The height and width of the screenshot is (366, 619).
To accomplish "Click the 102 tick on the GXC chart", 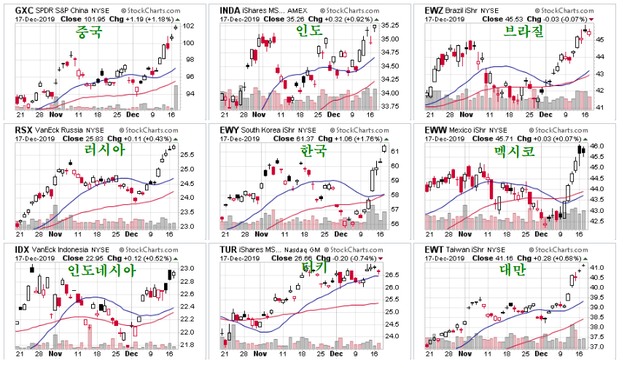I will pos(188,26).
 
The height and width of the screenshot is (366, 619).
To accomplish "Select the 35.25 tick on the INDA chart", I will pos(392,25).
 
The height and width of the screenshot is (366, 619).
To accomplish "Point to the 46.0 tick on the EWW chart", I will pos(598,147).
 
